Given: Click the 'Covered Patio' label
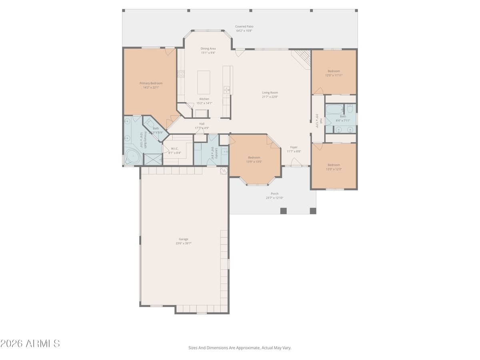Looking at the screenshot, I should pos(244,26).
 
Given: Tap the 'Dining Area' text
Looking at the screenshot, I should pos(208,48).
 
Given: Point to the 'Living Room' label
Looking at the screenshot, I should pos(270,92).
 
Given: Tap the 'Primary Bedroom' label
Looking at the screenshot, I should pos(151,83).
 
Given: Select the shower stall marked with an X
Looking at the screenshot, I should pos(153,159).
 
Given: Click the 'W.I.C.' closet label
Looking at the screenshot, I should pos(174,148).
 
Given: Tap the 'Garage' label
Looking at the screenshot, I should pos(184,239).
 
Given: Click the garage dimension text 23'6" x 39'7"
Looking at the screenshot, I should pos(184,243).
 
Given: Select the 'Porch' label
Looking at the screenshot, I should pos(274,194).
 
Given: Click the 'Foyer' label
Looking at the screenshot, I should pos(294,147).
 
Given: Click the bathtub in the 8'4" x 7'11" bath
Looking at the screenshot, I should pos(334,109).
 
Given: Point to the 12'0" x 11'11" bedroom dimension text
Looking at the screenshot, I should pos(334,75).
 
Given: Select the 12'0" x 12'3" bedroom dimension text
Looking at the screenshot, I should pos(334,169).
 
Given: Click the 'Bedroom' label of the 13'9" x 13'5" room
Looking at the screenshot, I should pos(254,157).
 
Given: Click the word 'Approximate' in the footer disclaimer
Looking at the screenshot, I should pos(248,348).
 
